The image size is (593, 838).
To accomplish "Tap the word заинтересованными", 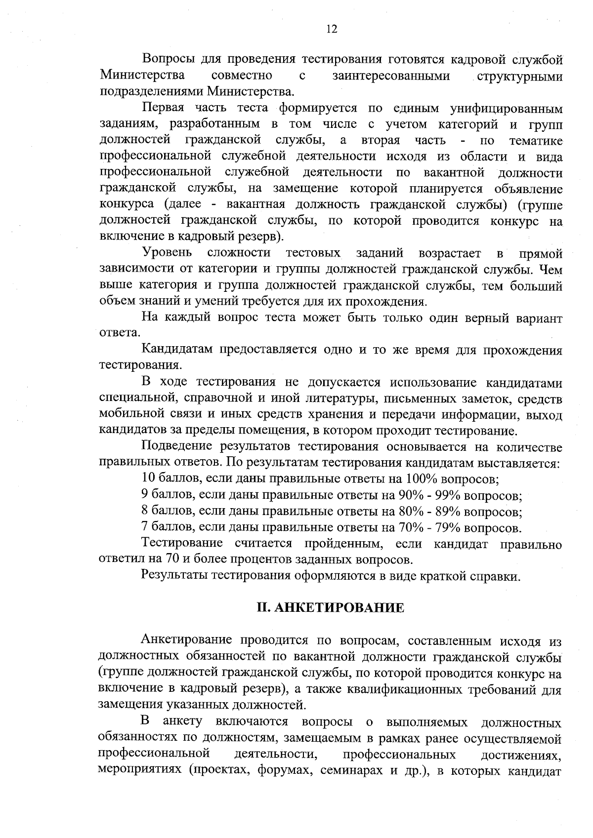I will pyautogui.click(x=390, y=76).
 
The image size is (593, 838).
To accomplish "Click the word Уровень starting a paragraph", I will pyautogui.click(x=167, y=254).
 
